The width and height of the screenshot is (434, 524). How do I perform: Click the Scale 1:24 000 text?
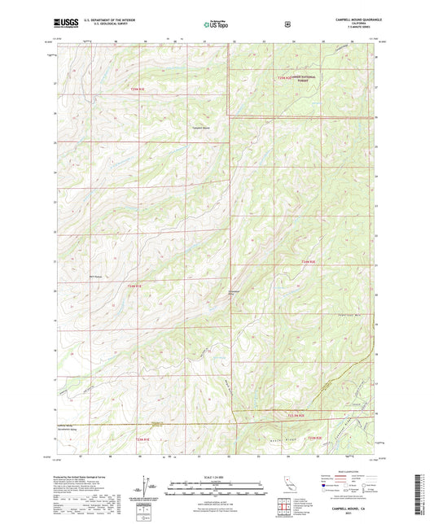[x=217, y=477]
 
